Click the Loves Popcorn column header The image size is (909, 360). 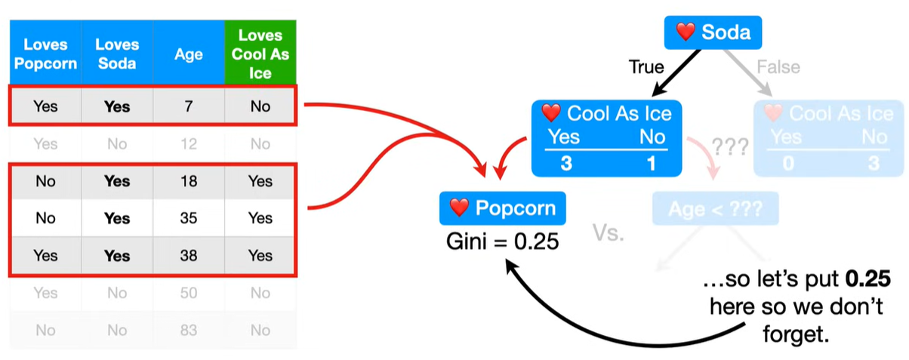click(45, 54)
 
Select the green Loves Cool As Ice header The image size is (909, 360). click(260, 54)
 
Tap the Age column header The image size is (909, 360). click(189, 54)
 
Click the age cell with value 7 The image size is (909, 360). click(189, 106)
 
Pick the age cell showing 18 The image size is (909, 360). click(189, 181)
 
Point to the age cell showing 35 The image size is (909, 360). click(189, 218)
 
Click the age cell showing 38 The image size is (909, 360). click(189, 256)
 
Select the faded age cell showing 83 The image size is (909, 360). click(189, 330)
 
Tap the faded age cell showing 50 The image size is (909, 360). click(189, 293)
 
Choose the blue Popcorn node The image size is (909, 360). click(501, 208)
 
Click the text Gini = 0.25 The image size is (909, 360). click(501, 243)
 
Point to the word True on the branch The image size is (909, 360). click(646, 67)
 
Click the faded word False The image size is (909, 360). click(778, 67)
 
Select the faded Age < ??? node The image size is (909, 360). click(713, 209)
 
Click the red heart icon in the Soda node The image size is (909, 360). click(685, 32)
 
